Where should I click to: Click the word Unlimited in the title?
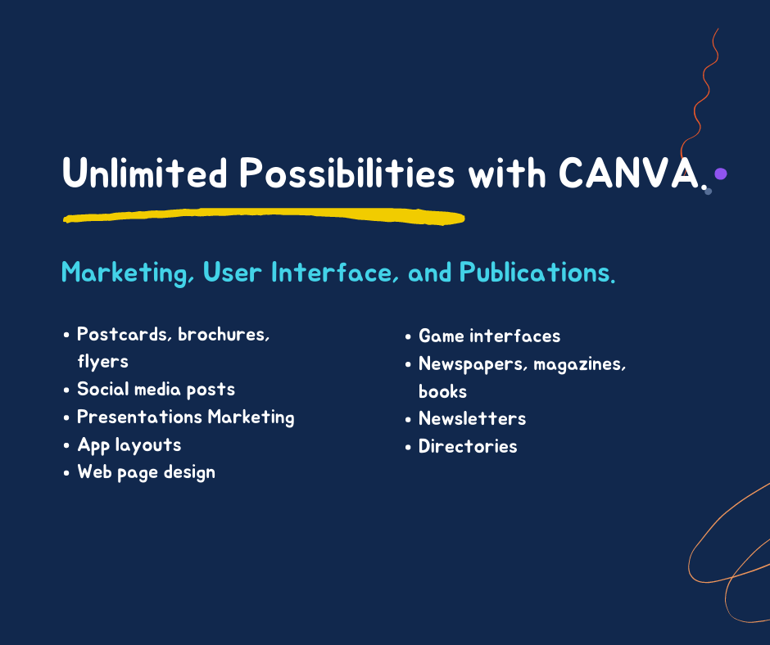(144, 174)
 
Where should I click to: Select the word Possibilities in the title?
(346, 174)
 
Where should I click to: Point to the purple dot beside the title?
(721, 174)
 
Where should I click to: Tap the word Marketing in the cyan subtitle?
(128, 273)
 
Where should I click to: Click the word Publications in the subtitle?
(536, 273)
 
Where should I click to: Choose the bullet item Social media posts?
(156, 389)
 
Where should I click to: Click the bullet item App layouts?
(129, 444)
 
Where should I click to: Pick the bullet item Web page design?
(146, 472)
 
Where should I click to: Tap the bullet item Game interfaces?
(489, 336)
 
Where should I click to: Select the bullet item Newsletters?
(472, 418)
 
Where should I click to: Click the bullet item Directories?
(468, 446)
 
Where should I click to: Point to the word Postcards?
(122, 334)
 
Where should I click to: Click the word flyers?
(102, 361)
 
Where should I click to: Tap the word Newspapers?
(473, 363)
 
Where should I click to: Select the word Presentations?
(139, 417)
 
